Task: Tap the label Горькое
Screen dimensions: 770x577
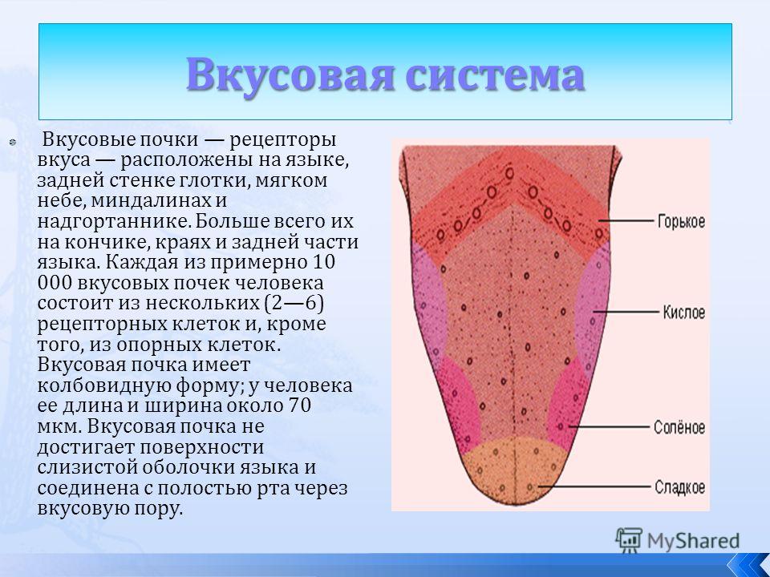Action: point(681,222)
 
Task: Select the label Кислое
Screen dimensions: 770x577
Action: point(684,312)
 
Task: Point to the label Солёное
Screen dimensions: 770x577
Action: point(679,427)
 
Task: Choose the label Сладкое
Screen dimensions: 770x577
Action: point(679,487)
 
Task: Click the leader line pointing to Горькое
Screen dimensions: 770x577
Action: point(627,222)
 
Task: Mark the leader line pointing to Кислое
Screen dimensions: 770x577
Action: point(626,312)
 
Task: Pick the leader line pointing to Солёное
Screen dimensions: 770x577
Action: point(610,427)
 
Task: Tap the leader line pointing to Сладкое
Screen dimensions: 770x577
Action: point(594,487)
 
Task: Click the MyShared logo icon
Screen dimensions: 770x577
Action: point(629,540)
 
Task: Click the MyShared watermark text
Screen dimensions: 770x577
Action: point(693,541)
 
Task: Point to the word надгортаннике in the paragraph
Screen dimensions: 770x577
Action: point(112,222)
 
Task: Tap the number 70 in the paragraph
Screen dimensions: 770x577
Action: point(299,406)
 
